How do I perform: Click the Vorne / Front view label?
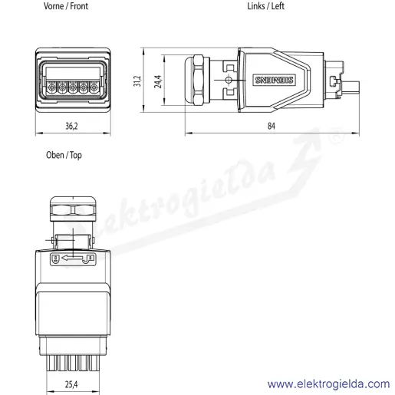(x=66, y=6)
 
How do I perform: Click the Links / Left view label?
(x=265, y=6)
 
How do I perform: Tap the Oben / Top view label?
(x=64, y=155)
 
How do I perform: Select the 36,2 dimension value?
(x=71, y=126)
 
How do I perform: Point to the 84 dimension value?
(x=272, y=126)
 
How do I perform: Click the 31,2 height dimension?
(x=137, y=81)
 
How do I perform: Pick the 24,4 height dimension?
(x=158, y=81)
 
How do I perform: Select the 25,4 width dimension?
(x=71, y=384)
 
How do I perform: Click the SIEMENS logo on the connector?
(x=274, y=80)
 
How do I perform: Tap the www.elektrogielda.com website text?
(x=328, y=384)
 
